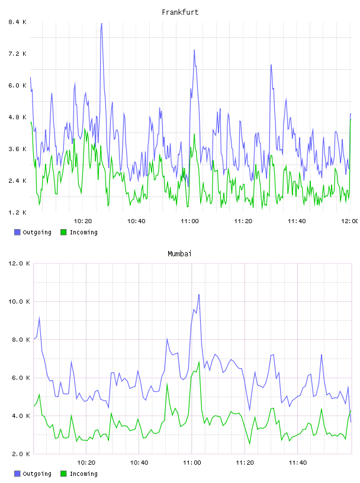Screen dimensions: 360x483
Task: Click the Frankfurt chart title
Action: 180,12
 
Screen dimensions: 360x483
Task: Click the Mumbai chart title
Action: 179,254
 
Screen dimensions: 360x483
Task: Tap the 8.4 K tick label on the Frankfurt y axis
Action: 17,22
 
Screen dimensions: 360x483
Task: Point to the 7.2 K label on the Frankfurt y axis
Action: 17,54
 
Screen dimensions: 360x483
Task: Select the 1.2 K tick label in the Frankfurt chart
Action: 17,212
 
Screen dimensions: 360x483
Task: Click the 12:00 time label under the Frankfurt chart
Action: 349,221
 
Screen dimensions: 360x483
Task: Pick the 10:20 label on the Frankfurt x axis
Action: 83,221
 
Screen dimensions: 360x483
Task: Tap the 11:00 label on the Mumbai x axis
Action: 192,463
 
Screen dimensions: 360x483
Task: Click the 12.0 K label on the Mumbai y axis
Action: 19,263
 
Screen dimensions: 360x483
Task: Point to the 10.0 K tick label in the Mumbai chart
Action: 19,301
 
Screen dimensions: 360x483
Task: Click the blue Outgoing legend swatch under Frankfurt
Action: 17,232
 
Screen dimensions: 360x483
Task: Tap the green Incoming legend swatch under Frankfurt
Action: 63,232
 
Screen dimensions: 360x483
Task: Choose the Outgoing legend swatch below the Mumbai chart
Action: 17,474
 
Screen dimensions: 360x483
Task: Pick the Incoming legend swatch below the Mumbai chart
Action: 63,474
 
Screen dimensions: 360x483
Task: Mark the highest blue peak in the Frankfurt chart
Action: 101,24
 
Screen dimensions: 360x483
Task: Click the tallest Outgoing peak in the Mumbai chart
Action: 199,295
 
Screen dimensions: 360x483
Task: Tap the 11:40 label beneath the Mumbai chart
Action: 298,463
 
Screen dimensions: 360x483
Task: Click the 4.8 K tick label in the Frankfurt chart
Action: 17,117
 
